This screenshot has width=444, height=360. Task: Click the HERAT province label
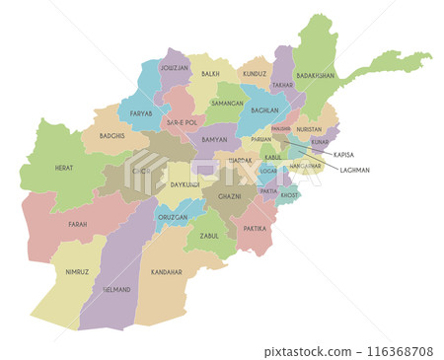pyautogui.click(x=64, y=169)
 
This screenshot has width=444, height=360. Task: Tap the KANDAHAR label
pyautogui.click(x=166, y=271)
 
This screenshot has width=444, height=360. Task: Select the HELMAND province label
pyautogui.click(x=116, y=289)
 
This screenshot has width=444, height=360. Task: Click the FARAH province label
pyautogui.click(x=78, y=224)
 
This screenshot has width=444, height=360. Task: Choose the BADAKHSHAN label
pyautogui.click(x=315, y=75)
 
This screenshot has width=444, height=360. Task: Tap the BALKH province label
pyautogui.click(x=210, y=73)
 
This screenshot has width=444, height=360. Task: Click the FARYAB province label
pyautogui.click(x=142, y=113)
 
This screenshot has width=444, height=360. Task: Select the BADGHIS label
pyautogui.click(x=112, y=135)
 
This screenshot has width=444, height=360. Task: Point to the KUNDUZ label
pyautogui.click(x=255, y=73)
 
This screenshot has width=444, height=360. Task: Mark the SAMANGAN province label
pyautogui.click(x=227, y=103)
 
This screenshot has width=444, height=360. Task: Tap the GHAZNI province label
pyautogui.click(x=229, y=196)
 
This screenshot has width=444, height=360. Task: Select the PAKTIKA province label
pyautogui.click(x=254, y=228)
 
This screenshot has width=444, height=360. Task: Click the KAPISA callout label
pyautogui.click(x=344, y=155)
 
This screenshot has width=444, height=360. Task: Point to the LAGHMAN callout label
pyautogui.click(x=354, y=170)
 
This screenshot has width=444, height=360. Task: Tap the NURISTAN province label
pyautogui.click(x=309, y=129)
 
